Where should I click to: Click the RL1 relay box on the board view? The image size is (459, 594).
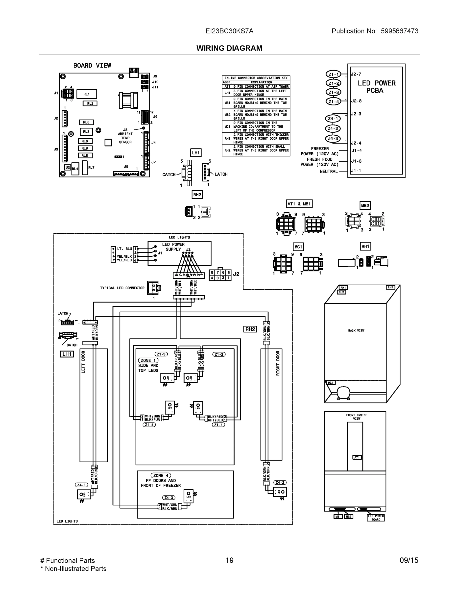(x=86, y=94)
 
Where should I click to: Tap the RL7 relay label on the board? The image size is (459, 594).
(x=91, y=168)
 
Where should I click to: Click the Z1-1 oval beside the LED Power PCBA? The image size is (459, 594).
(x=333, y=74)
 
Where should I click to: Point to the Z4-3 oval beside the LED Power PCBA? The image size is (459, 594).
(x=333, y=138)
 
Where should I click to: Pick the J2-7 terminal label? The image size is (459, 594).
(x=356, y=74)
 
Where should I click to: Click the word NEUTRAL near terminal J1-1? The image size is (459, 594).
(x=329, y=171)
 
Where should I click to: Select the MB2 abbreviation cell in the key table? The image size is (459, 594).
(x=227, y=115)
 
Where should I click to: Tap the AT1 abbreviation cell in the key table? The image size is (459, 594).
(x=227, y=86)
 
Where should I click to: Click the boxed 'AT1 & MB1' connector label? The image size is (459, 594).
(x=299, y=204)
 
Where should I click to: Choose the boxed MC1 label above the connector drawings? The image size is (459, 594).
(x=298, y=247)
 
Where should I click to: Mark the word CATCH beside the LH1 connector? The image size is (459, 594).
(x=169, y=174)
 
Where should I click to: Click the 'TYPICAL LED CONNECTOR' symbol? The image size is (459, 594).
(x=154, y=288)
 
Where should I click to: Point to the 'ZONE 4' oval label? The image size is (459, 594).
(x=161, y=475)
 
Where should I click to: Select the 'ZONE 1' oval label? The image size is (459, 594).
(x=148, y=360)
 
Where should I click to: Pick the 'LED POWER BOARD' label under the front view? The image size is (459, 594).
(x=376, y=518)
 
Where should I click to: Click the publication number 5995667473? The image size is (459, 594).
(x=399, y=31)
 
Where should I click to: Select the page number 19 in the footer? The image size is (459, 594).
(x=230, y=560)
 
